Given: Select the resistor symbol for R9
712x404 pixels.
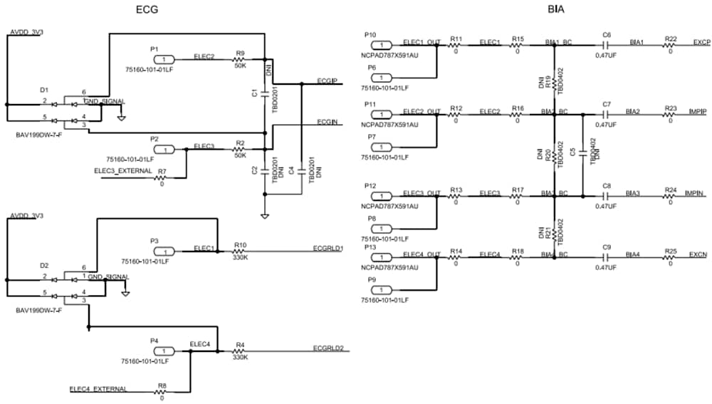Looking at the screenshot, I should pyautogui.click(x=240, y=59).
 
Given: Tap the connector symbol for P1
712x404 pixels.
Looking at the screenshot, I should pyautogui.click(x=164, y=59).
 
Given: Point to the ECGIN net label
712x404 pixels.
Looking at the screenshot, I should pyautogui.click(x=327, y=123).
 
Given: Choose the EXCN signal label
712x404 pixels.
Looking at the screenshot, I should pyautogui.click(x=698, y=254).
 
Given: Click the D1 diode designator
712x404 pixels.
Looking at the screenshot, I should pyautogui.click(x=44, y=90).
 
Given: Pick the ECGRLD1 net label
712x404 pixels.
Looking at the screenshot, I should pyautogui.click(x=328, y=248).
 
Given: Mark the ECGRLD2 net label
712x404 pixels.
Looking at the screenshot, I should pyautogui.click(x=328, y=348).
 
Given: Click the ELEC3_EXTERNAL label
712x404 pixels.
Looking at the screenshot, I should pyautogui.click(x=122, y=171).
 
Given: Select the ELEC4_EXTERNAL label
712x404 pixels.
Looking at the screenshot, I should pyautogui.click(x=98, y=388).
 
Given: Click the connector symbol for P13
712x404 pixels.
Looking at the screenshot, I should pyautogui.click(x=381, y=257).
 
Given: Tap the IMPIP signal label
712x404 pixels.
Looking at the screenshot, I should pyautogui.click(x=698, y=113).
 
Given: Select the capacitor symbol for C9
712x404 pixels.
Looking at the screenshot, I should pyautogui.click(x=607, y=257).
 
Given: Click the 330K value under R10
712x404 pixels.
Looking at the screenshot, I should pyautogui.click(x=241, y=258).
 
